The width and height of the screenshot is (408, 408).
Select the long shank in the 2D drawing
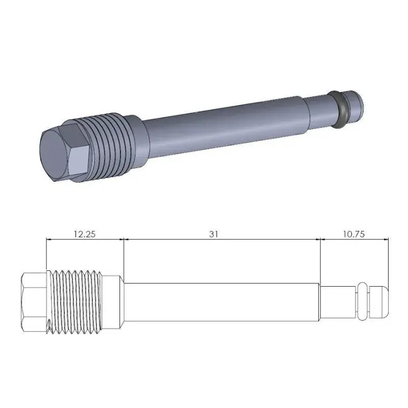pos(222,303)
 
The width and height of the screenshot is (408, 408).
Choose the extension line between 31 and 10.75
pos(320,260)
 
